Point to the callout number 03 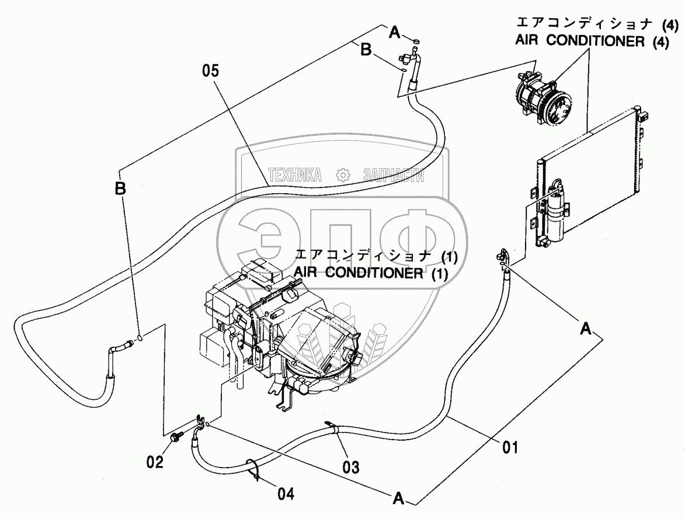351,466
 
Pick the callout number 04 285,494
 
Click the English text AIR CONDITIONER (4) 590,44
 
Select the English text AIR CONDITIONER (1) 371,273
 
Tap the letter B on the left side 120,188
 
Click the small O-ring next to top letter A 416,41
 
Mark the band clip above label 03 333,429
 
